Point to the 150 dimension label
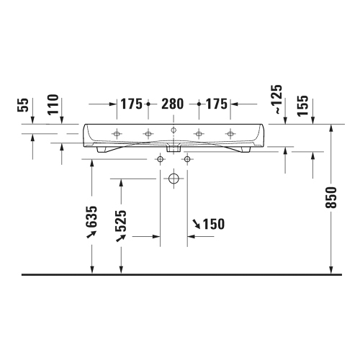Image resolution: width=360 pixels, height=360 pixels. point(209,224)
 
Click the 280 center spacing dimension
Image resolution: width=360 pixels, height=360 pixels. point(173,104)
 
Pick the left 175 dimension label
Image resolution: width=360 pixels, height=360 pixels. point(131,104)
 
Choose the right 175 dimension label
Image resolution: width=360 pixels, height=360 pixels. point(215,104)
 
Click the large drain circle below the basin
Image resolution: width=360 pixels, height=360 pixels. point(173,178)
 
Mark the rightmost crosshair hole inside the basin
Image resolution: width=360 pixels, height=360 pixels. point(230,133)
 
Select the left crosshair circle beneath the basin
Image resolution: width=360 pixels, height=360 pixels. point(159,158)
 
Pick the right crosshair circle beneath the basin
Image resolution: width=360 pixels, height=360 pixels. point(187,158)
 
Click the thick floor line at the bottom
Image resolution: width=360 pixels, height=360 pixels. point(180,275)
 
